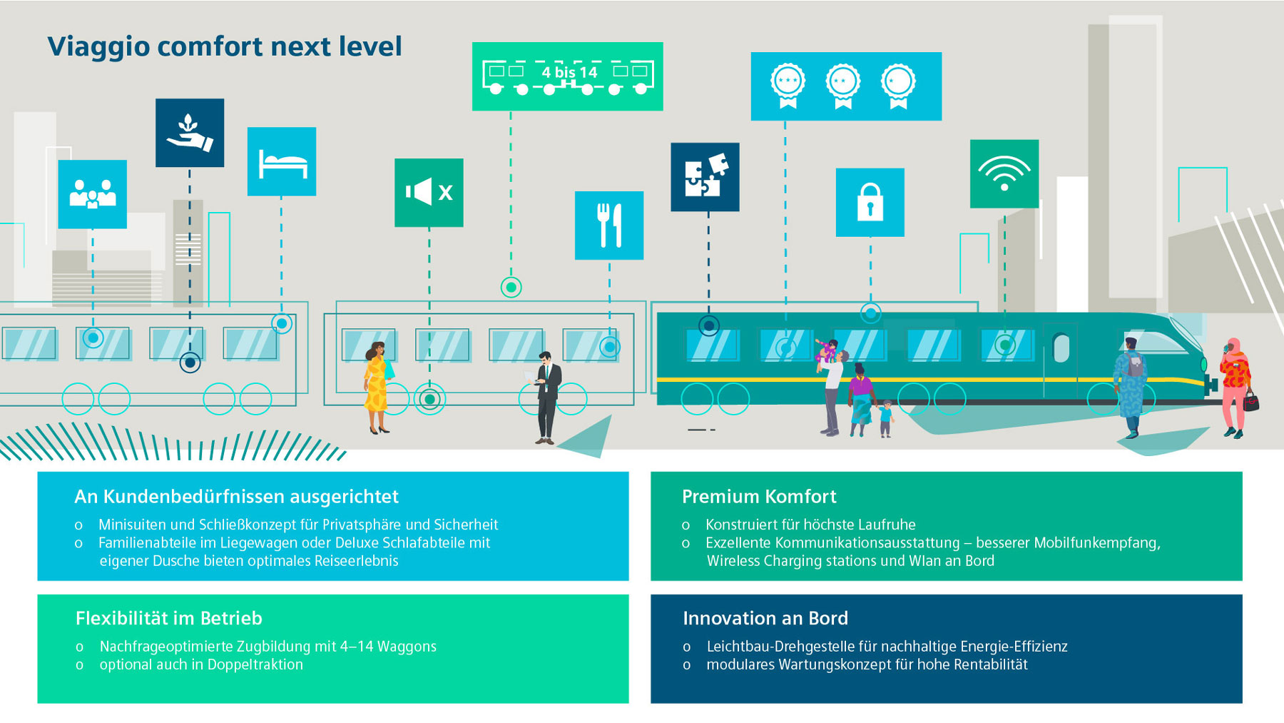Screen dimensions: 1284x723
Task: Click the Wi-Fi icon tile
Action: click(1004, 173)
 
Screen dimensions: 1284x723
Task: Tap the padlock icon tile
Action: click(870, 202)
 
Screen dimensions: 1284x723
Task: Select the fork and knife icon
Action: click(609, 225)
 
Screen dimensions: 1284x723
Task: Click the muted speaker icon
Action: click(429, 193)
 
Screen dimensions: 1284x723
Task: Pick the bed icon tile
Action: click(282, 161)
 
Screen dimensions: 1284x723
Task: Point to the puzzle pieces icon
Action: click(705, 177)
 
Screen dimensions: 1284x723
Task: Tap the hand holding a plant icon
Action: click(190, 133)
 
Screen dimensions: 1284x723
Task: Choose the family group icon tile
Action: click(93, 194)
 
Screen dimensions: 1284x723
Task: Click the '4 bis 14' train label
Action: click(569, 72)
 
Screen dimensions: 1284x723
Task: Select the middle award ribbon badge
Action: click(843, 86)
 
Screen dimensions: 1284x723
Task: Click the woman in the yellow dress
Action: click(377, 387)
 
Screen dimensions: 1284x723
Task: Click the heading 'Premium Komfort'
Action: click(759, 497)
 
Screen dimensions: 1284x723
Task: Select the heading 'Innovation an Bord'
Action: click(765, 618)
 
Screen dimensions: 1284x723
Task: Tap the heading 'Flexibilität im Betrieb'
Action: click(169, 618)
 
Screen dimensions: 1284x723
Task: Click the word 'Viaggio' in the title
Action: click(98, 47)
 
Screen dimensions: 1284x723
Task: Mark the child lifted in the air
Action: click(828, 350)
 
